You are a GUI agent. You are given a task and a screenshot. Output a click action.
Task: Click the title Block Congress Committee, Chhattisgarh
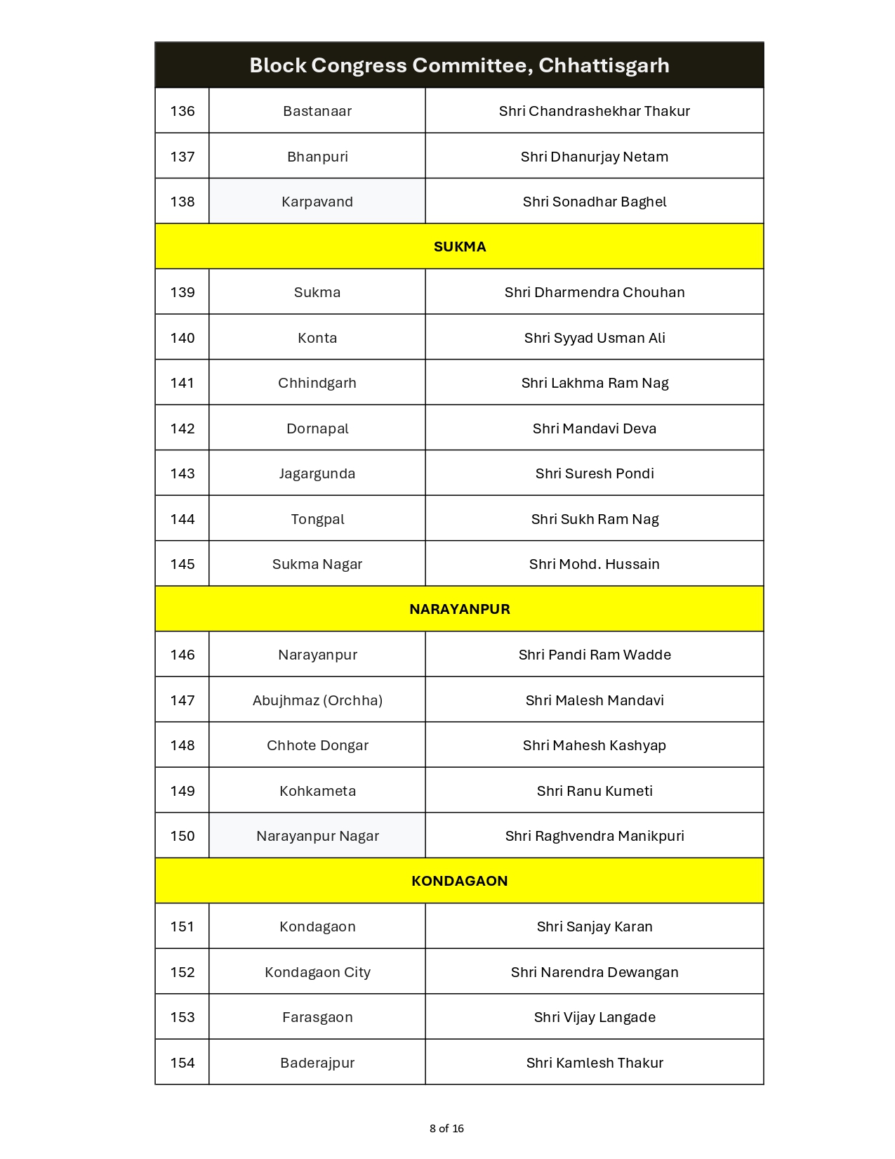[459, 65]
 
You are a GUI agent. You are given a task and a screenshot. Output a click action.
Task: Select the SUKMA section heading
[459, 247]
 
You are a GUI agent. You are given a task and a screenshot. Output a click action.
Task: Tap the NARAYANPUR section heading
[459, 609]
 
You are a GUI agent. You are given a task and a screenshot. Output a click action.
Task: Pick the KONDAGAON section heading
[459, 881]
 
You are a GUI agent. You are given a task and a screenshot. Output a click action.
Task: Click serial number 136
[183, 111]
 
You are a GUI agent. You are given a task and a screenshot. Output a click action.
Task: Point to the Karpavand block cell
[317, 202]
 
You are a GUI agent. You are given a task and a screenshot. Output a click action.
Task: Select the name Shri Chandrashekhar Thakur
[594, 111]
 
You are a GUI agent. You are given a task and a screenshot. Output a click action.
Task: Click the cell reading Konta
[317, 338]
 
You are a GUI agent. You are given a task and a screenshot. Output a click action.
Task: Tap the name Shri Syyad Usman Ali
[594, 338]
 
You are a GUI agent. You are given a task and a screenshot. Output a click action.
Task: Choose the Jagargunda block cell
[317, 473]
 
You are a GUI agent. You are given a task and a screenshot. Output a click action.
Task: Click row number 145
[183, 564]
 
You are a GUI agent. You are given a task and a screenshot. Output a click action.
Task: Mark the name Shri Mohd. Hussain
[594, 564]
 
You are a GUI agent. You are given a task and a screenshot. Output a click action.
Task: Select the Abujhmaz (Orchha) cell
[317, 700]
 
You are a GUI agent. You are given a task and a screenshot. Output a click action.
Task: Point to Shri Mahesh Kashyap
[594, 745]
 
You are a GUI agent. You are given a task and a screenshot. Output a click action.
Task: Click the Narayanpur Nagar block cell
[317, 836]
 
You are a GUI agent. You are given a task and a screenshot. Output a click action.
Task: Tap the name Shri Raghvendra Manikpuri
[594, 836]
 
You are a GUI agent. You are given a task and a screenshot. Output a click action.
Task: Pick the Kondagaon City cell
[317, 972]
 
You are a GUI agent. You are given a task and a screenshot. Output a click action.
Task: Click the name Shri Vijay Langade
[594, 1017]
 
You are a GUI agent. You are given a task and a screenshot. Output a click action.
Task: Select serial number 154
[183, 1063]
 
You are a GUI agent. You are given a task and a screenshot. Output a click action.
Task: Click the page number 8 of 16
[446, 1129]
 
